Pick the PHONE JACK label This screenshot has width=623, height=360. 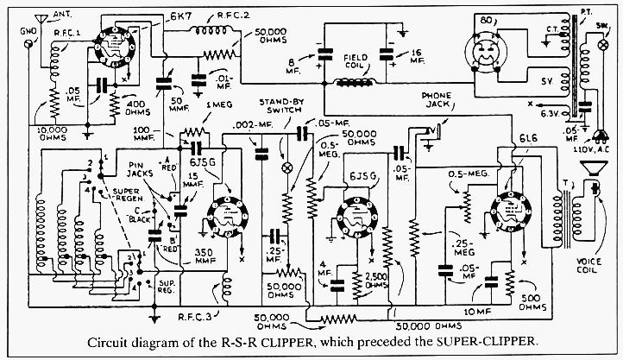436,100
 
